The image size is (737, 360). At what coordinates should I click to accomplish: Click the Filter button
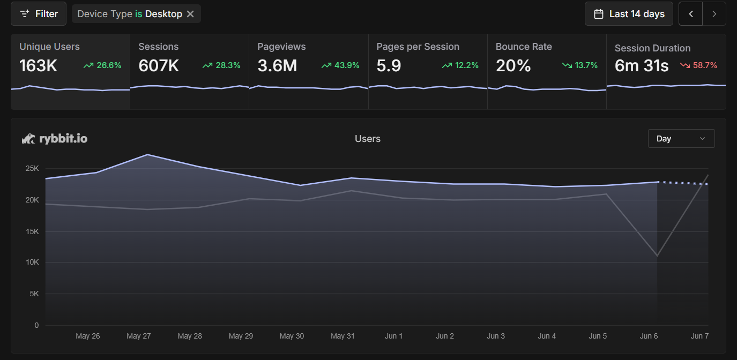click(39, 14)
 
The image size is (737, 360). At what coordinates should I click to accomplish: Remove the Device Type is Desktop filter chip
click(190, 14)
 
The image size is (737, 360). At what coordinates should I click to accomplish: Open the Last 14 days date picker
click(629, 14)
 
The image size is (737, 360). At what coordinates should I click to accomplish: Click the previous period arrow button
click(691, 14)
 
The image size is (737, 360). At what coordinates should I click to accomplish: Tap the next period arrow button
click(714, 14)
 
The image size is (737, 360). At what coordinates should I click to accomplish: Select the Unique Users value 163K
click(38, 65)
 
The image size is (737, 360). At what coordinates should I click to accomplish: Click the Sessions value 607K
click(159, 65)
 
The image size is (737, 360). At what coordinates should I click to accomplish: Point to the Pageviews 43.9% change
click(340, 65)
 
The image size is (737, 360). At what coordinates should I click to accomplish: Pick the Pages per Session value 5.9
click(389, 65)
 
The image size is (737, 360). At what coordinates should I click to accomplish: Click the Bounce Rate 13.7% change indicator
click(579, 65)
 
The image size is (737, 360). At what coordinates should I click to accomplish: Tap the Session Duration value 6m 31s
click(642, 66)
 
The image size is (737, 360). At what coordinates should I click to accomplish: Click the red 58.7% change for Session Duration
click(698, 65)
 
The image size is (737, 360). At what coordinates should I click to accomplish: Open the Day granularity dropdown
click(681, 138)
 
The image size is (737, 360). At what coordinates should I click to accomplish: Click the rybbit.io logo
click(55, 139)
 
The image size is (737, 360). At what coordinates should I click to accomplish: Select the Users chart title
click(368, 139)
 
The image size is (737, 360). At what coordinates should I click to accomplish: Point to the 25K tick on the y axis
click(32, 169)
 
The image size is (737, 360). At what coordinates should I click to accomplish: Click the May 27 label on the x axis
click(138, 336)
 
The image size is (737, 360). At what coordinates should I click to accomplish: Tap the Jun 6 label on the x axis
click(649, 336)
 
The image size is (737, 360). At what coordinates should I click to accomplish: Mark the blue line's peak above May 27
click(147, 155)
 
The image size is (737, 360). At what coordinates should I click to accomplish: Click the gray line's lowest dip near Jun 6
click(657, 256)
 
